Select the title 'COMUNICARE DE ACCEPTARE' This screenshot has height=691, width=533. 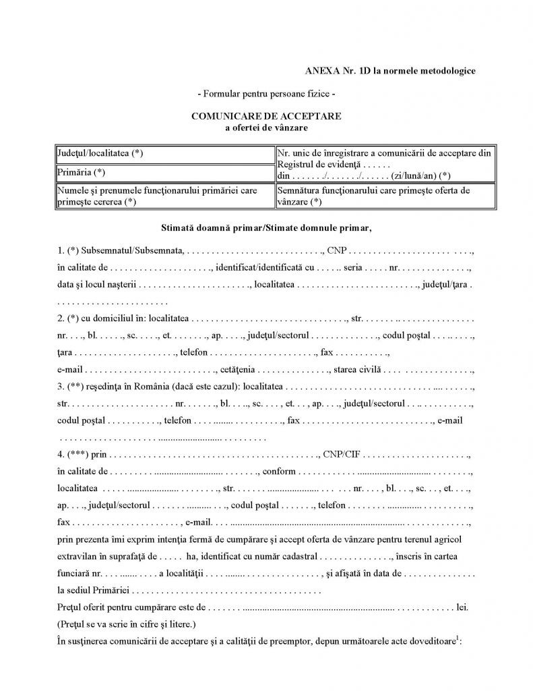[x=266, y=116]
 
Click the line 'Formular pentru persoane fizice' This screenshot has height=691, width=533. [x=266, y=93]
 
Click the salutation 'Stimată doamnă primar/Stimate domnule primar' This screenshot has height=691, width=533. [x=266, y=229]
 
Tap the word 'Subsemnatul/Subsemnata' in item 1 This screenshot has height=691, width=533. [x=132, y=250]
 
